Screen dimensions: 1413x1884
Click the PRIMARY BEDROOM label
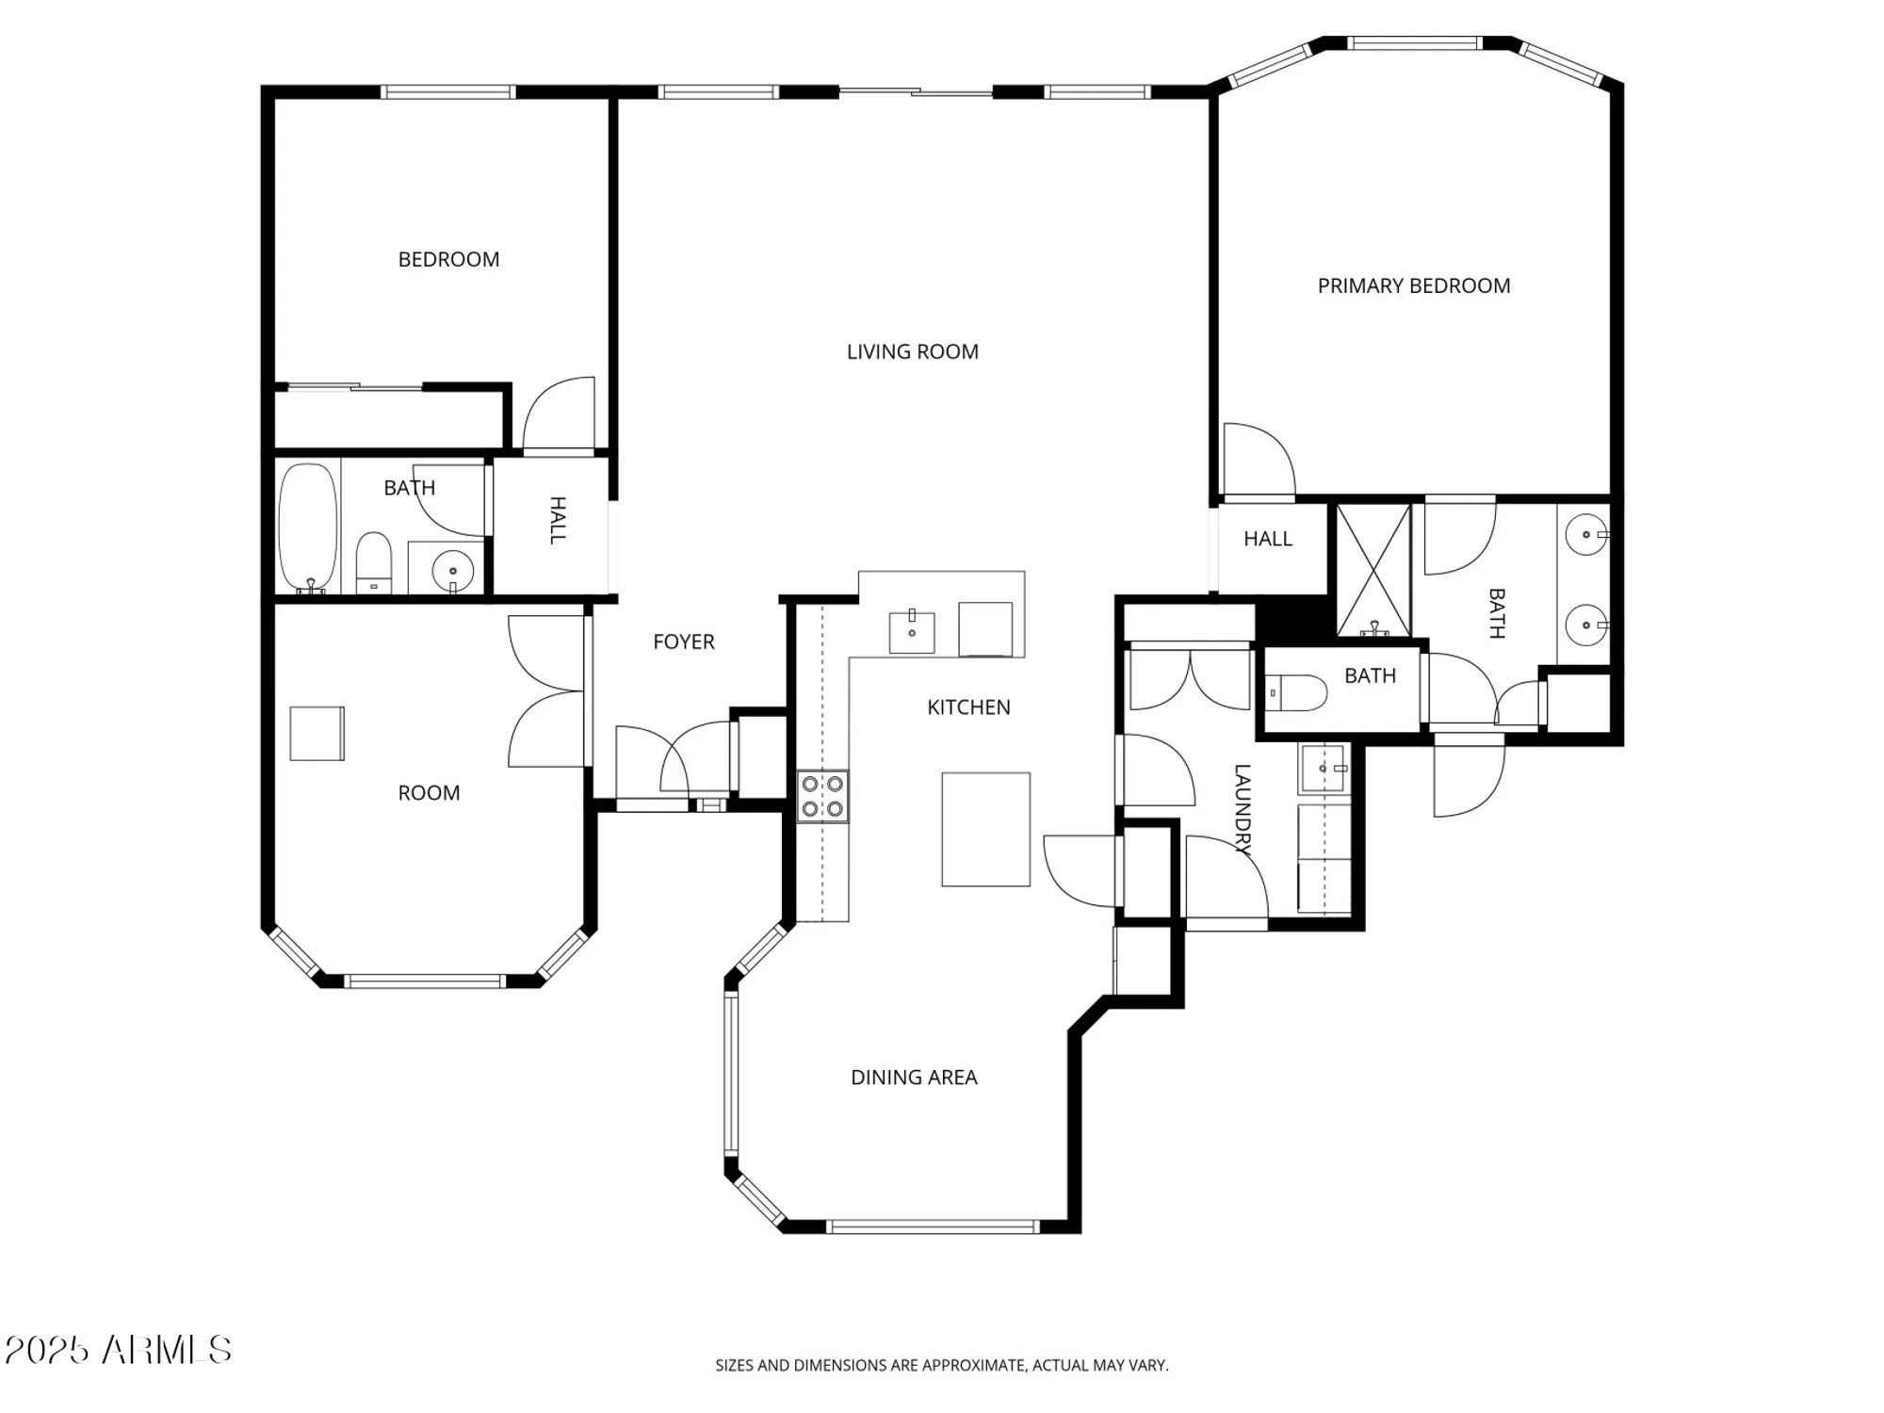(1413, 285)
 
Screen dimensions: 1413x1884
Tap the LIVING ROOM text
(912, 351)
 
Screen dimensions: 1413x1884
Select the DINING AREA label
(914, 1077)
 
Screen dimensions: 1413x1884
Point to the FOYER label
(684, 642)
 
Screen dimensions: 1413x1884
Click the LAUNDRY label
(1242, 809)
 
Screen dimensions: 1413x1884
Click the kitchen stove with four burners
(822, 796)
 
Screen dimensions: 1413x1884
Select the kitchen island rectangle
(985, 829)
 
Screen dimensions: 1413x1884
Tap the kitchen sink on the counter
(912, 632)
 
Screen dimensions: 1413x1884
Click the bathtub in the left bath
(308, 528)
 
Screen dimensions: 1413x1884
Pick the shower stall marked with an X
(1373, 569)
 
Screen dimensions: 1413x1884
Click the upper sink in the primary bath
(1586, 535)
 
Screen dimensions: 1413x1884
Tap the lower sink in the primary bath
(1586, 625)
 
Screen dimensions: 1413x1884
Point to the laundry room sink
(1324, 769)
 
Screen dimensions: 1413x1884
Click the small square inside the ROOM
(317, 733)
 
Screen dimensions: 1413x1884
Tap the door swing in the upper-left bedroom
(559, 414)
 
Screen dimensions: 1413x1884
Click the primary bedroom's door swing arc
(1259, 460)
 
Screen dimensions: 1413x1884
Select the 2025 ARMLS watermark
(118, 1350)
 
